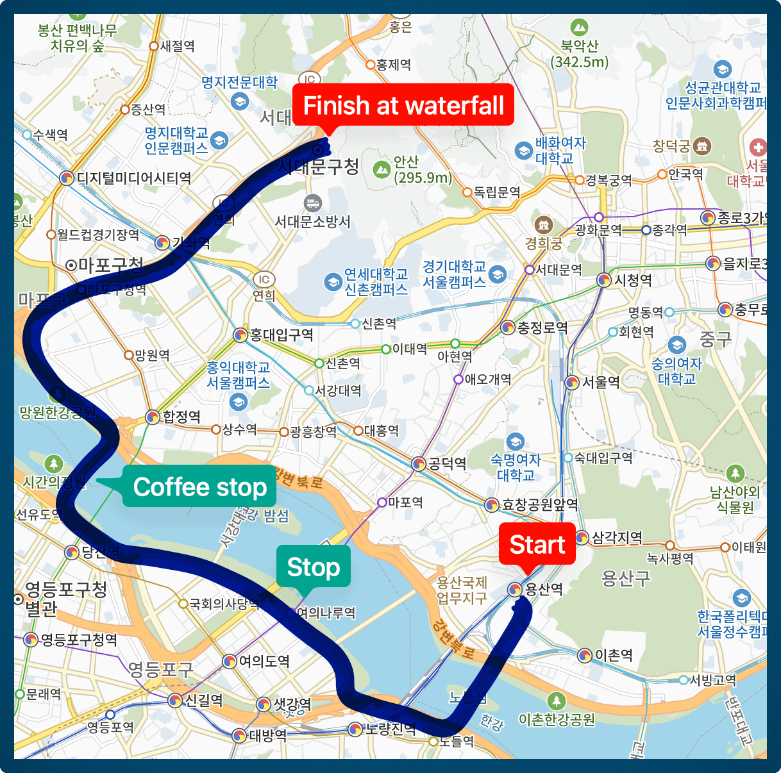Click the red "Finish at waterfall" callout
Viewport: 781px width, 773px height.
pyautogui.click(x=403, y=105)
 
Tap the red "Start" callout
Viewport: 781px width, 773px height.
pyautogui.click(x=537, y=544)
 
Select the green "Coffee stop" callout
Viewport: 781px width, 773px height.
pyautogui.click(x=199, y=487)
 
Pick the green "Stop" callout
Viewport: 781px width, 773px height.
pyautogui.click(x=313, y=567)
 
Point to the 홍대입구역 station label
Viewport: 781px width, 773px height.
pyautogui.click(x=281, y=335)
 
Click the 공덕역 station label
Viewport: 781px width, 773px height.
pyautogui.click(x=447, y=463)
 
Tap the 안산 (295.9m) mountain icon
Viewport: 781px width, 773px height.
pyautogui.click(x=382, y=170)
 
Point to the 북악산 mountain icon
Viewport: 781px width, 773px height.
pyautogui.click(x=579, y=28)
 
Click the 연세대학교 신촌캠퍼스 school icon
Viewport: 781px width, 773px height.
pyautogui.click(x=333, y=281)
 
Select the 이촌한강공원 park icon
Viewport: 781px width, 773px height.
pyautogui.click(x=556, y=700)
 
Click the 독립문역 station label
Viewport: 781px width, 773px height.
pyautogui.click(x=496, y=192)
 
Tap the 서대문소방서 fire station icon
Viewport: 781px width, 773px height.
pyautogui.click(x=313, y=203)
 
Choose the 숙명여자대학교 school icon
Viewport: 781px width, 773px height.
pyautogui.click(x=515, y=442)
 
